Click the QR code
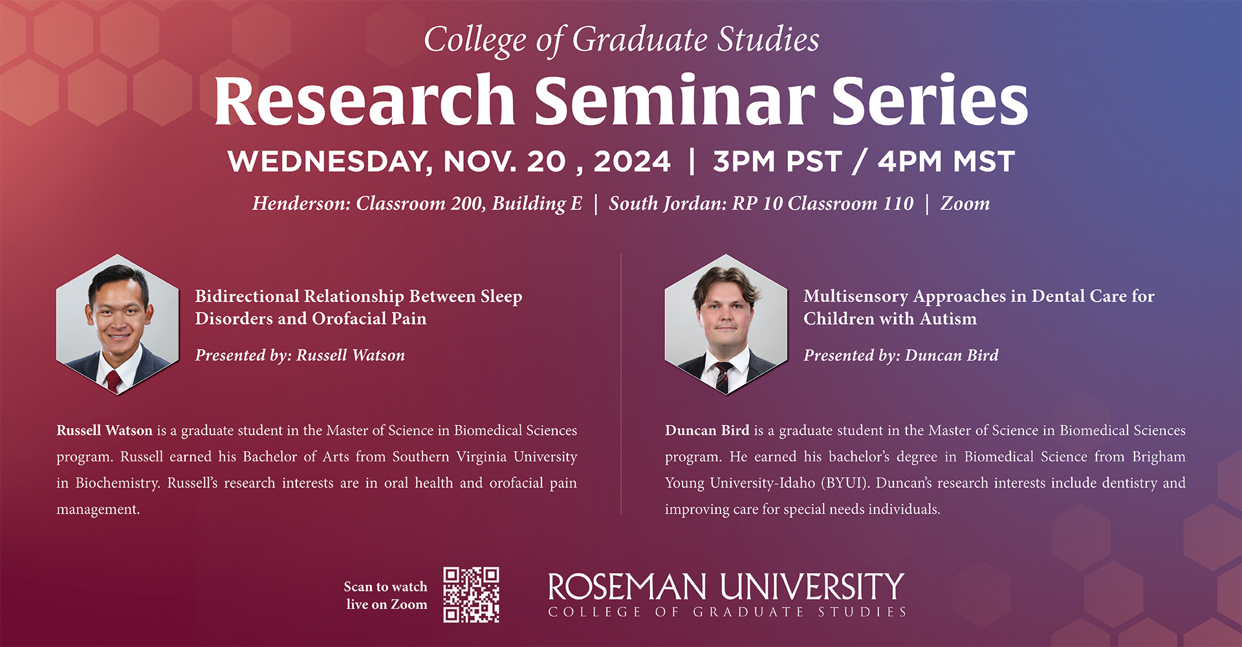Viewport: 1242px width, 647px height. tap(471, 595)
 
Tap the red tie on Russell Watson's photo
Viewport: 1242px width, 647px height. tap(113, 381)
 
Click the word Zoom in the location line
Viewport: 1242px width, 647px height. tap(964, 204)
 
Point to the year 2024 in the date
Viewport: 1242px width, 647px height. tap(632, 162)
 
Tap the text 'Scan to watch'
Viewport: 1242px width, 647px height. tap(386, 587)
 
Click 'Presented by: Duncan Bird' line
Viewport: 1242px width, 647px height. tap(901, 356)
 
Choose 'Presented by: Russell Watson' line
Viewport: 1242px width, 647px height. tap(300, 356)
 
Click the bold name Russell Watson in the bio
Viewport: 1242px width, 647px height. tap(105, 431)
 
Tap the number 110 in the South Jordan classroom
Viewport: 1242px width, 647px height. tap(898, 204)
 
